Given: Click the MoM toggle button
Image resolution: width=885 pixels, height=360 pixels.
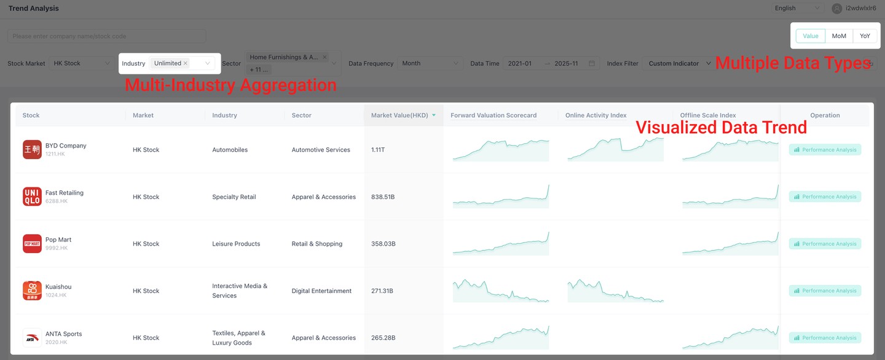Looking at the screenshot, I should pos(839,36).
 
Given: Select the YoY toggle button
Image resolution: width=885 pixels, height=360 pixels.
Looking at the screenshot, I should pos(865,36).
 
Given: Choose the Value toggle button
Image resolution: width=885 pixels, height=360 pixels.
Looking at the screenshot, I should pos(811,36).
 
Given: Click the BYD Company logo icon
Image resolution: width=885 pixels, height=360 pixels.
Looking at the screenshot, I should pos(32,149).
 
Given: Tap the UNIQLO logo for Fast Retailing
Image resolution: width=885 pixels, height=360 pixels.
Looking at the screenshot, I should pos(32,197).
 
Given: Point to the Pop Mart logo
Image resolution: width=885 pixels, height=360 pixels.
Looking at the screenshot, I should pos(32,244).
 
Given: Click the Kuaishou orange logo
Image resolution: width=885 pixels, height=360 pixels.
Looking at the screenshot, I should pos(32,291).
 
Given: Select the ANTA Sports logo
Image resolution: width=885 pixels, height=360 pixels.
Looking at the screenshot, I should pos(32,338).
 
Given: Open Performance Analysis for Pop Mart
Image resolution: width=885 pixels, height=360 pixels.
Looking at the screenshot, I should pos(825,244).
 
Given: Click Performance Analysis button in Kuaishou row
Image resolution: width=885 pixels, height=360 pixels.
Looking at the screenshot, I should pos(825,291).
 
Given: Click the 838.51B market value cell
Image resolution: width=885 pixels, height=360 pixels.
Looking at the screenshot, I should pos(383,197).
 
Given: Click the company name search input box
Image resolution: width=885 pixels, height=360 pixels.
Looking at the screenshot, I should pos(107,36).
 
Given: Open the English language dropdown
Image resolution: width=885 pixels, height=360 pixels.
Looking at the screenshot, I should pos(797,8).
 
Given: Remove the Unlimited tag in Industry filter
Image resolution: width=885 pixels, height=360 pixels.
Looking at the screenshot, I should pos(186,63).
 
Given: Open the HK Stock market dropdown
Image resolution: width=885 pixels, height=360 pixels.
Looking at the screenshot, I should pos(81,63).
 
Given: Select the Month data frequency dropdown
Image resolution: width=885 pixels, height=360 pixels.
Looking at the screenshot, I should pos(430,63).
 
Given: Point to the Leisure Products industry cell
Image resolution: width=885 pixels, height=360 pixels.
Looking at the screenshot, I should pos(236,244).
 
